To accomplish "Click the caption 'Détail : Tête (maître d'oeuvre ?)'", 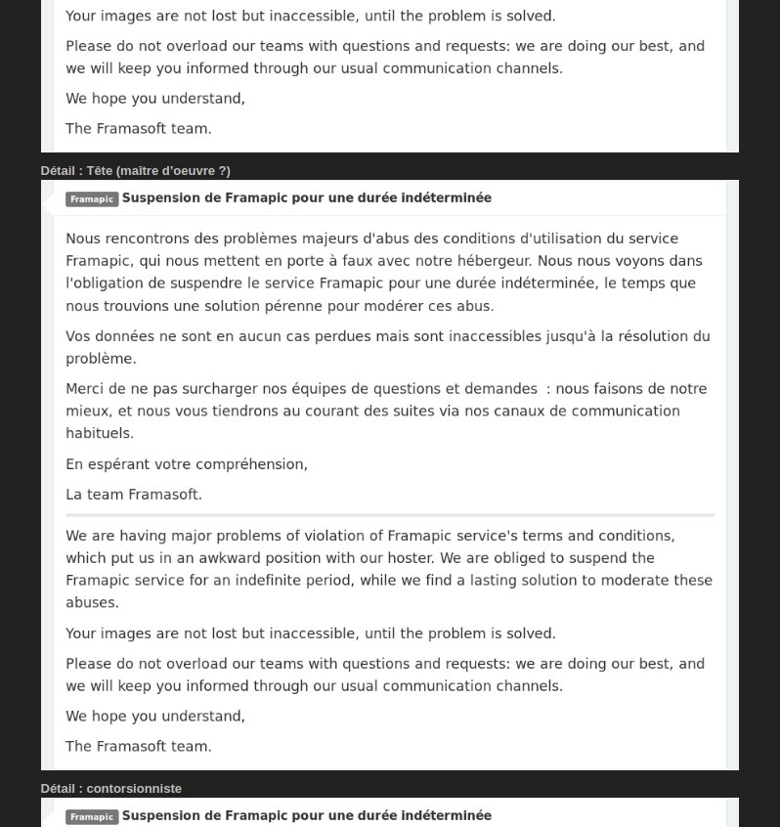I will coord(135,171).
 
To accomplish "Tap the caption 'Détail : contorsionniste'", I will coord(110,789).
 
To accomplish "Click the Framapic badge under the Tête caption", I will coord(92,199).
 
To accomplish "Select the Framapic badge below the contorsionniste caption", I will coord(92,817).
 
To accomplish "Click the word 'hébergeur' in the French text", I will coord(495,261).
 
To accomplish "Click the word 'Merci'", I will coord(85,389).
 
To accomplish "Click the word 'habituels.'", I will coord(100,433).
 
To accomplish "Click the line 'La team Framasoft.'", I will coord(134,495).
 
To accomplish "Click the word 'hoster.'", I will coord(408,558).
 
